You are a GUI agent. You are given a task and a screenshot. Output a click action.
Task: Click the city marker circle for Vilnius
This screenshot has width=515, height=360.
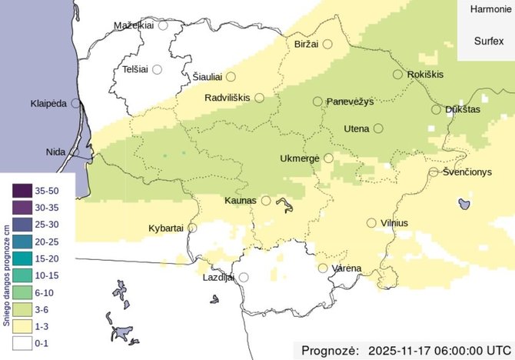click(372, 223)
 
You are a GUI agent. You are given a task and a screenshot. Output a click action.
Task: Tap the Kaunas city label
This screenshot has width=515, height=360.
click(240, 201)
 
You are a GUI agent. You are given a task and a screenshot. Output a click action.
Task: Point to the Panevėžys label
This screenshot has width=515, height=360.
click(350, 102)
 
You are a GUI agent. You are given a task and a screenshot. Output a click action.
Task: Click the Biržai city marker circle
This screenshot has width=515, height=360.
click(327, 45)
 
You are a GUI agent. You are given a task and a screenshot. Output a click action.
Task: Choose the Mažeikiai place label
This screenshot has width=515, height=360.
click(134, 25)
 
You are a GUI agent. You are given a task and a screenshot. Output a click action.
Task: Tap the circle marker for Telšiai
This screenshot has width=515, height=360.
click(157, 69)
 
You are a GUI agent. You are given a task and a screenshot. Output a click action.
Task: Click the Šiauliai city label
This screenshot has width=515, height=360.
click(206, 77)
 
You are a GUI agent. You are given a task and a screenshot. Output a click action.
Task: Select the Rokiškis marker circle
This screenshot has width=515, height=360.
click(397, 75)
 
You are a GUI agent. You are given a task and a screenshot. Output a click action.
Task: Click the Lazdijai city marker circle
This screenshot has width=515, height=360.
click(244, 277)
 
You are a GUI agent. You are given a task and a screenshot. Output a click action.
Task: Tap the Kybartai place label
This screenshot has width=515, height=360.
click(165, 228)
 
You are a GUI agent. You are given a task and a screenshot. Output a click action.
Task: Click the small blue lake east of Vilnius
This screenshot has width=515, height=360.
click(463, 203)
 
